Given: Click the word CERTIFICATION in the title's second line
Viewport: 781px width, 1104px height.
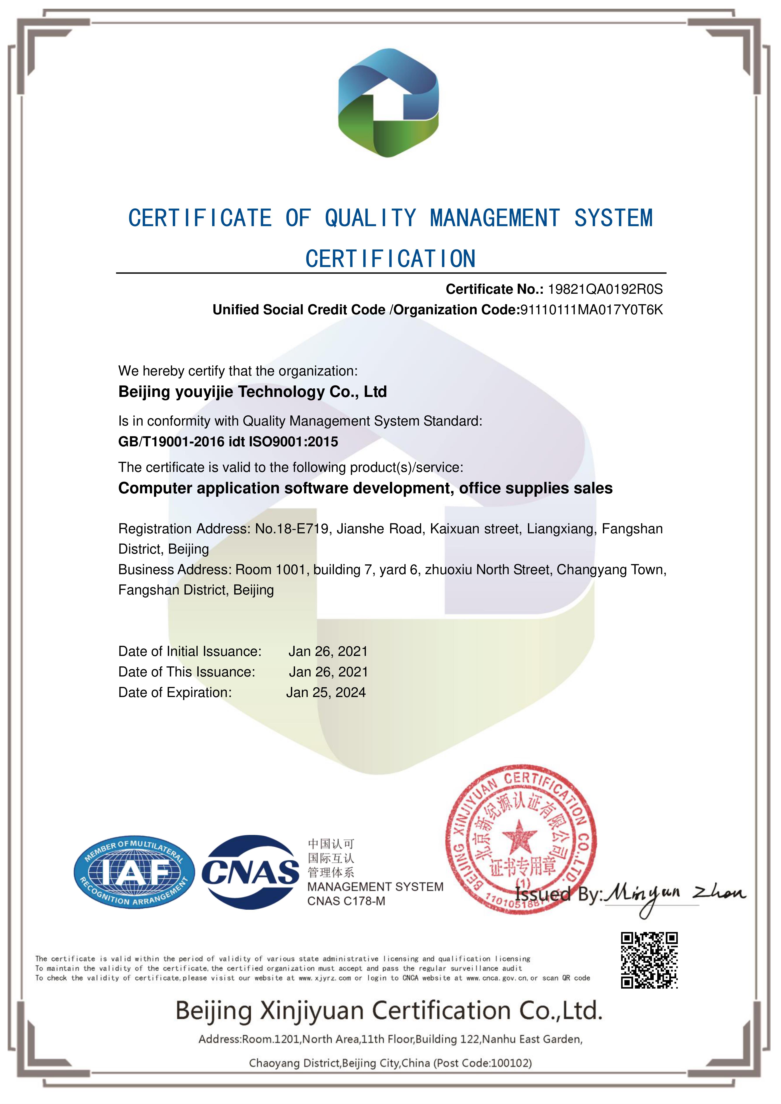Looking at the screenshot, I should point(390,259).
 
